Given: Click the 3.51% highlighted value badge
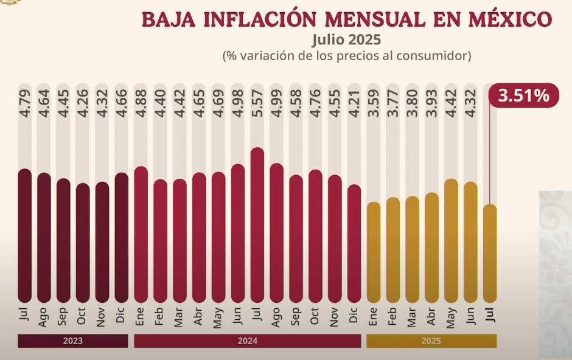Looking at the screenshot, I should click(x=524, y=95).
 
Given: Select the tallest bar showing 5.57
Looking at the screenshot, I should click(x=257, y=225).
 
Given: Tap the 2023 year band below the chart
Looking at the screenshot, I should click(x=73, y=341).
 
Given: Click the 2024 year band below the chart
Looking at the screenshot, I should click(x=247, y=341).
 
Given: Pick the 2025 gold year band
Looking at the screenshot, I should click(x=431, y=341).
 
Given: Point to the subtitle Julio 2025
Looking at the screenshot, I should click(x=346, y=40).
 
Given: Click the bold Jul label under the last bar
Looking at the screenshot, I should click(x=490, y=316).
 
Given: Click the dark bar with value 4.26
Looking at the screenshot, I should click(x=83, y=243).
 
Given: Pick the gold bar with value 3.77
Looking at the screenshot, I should click(x=393, y=250).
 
